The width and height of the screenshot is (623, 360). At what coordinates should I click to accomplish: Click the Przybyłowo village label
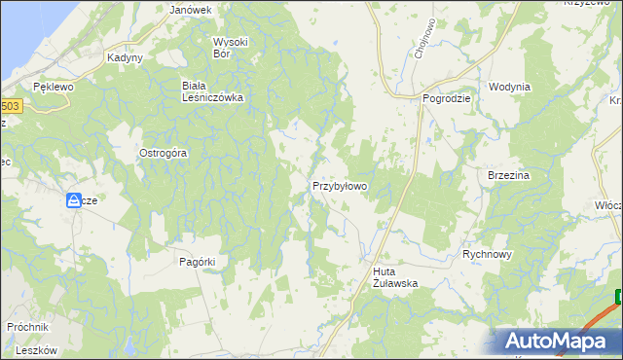(x=339, y=185)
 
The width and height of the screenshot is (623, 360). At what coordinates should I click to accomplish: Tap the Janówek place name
(x=191, y=10)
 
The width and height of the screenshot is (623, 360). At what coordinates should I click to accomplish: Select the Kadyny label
(x=126, y=57)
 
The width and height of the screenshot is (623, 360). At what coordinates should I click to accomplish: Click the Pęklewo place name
(x=54, y=87)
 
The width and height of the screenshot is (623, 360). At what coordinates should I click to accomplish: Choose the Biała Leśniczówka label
(x=212, y=91)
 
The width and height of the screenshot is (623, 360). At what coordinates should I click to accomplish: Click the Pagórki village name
(x=197, y=261)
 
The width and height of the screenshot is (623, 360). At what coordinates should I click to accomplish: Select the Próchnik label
(x=27, y=327)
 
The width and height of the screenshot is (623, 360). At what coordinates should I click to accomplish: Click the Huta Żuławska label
(x=395, y=277)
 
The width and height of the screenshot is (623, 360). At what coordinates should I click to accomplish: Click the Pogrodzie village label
(x=447, y=98)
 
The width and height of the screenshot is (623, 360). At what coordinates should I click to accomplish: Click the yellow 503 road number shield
(x=10, y=106)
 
